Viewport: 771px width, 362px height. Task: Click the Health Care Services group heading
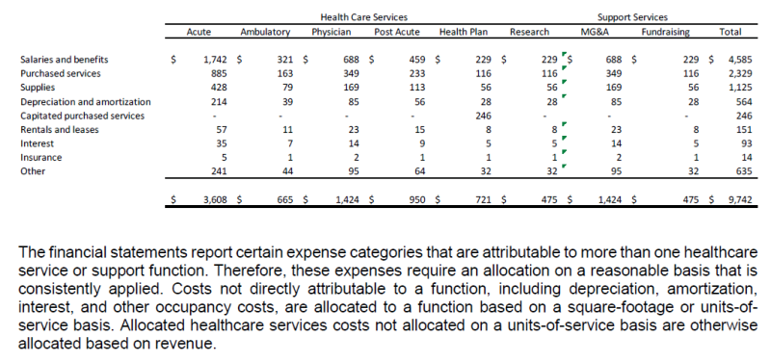point(363,17)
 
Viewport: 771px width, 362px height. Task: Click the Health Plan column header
point(462,32)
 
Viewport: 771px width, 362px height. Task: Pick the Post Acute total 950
point(417,200)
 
